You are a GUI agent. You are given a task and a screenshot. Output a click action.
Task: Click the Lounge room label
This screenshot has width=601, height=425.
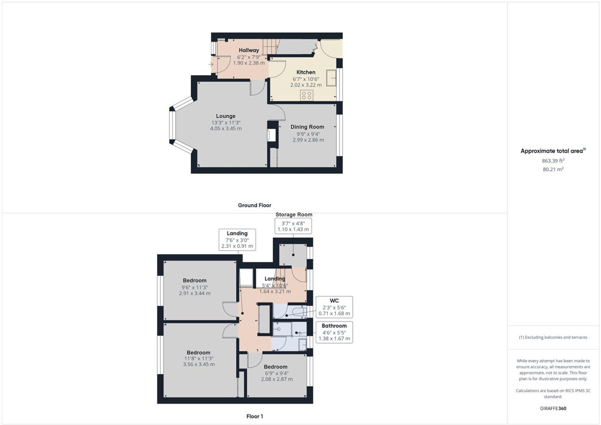click(x=226, y=116)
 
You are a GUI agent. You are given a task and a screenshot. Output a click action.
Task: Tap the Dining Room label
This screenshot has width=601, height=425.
click(x=307, y=127)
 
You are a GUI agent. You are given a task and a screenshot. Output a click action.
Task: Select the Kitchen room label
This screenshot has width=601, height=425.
click(x=306, y=72)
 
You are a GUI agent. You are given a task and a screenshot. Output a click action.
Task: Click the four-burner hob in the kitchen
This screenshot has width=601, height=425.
click(x=307, y=95)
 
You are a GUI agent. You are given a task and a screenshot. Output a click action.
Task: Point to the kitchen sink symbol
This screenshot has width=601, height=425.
click(x=331, y=78)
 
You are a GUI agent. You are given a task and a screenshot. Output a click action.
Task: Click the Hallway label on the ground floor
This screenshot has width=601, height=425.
click(x=249, y=50)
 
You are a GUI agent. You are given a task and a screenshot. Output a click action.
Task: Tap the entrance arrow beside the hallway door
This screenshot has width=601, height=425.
click(x=211, y=65)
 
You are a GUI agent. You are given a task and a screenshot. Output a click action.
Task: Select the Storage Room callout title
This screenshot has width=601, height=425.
click(x=294, y=215)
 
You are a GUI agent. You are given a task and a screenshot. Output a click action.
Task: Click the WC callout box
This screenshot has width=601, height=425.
click(x=334, y=307)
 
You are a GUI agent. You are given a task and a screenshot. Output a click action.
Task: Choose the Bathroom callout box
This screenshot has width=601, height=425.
click(x=334, y=332)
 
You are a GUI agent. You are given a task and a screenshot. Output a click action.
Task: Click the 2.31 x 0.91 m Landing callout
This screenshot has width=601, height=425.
click(x=237, y=240)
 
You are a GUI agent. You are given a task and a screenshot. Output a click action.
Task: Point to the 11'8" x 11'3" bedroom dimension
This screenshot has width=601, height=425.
click(x=199, y=358)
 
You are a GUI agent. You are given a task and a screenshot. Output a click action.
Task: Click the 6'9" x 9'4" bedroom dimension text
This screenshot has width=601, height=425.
click(x=277, y=373)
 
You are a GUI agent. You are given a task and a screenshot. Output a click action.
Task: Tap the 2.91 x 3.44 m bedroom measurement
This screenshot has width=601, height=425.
click(x=195, y=293)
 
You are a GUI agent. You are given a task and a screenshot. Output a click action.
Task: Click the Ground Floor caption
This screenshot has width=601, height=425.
click(x=254, y=205)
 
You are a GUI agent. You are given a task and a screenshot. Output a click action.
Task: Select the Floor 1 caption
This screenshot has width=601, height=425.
click(x=255, y=416)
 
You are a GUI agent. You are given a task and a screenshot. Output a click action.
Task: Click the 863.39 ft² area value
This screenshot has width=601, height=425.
click(x=553, y=161)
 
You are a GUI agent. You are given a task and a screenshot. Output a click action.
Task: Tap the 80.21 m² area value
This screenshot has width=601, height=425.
click(x=553, y=169)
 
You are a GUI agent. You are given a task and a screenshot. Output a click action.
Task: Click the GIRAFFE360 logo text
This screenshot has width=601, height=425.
click(x=553, y=408)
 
